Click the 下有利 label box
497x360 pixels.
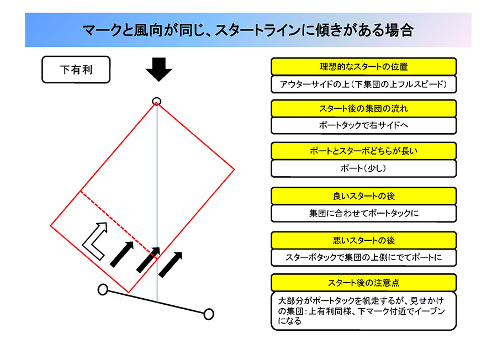pos(76,70)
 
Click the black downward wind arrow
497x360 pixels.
pos(159,70)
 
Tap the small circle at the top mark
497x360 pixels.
pos(157,102)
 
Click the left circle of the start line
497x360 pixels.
pos(103,289)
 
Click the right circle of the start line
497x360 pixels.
pos(209,314)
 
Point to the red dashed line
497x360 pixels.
pos(119,225)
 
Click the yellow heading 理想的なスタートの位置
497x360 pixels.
pos(363,67)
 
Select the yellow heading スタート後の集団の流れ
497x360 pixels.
pos(363,109)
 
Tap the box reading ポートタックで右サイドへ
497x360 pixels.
pos(363,125)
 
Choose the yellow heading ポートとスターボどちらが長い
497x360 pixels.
pos(363,151)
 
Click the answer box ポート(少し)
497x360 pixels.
pos(363,168)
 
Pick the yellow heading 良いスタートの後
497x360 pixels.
pos(363,196)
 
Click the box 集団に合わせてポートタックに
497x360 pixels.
pos(363,213)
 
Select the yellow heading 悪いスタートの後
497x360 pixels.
pos(363,241)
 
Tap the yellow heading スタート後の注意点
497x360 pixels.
pos(363,283)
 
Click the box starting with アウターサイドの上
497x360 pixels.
pos(363,84)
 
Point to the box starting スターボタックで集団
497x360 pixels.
pos(363,257)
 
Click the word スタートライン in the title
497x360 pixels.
pos(258,30)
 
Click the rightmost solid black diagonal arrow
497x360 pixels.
pos(171,264)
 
